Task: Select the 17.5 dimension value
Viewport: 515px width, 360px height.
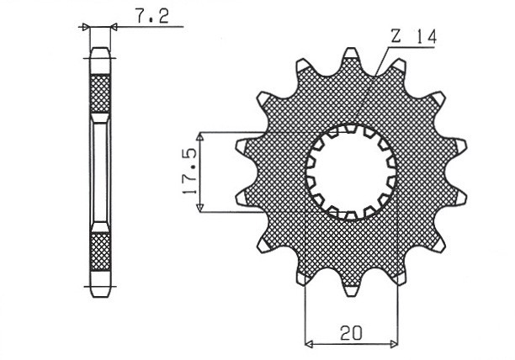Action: coord(189,172)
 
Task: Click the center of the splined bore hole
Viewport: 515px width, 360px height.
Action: coord(350,172)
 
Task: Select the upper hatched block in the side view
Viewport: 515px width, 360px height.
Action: coord(100,93)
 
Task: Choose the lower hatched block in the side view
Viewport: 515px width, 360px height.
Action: coord(100,250)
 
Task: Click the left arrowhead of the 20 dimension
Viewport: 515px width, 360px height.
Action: coord(308,343)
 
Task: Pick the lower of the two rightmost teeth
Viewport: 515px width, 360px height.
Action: coord(456,199)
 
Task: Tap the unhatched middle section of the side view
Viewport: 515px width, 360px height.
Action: coord(100,172)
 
